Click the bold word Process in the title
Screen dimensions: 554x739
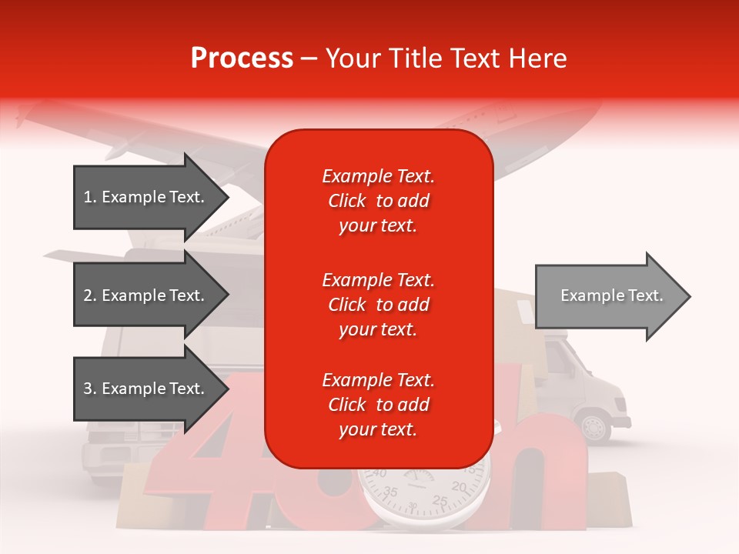(242, 58)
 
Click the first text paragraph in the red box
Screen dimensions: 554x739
(378, 201)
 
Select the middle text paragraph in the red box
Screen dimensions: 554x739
(378, 305)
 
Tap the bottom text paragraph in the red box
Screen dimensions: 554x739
(378, 405)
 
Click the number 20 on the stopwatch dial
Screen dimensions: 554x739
(459, 486)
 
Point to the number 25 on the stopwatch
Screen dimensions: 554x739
(440, 502)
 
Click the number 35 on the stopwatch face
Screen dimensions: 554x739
(391, 491)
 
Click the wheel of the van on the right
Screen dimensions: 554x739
(594, 428)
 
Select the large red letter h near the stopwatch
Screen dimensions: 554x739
(539, 469)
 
